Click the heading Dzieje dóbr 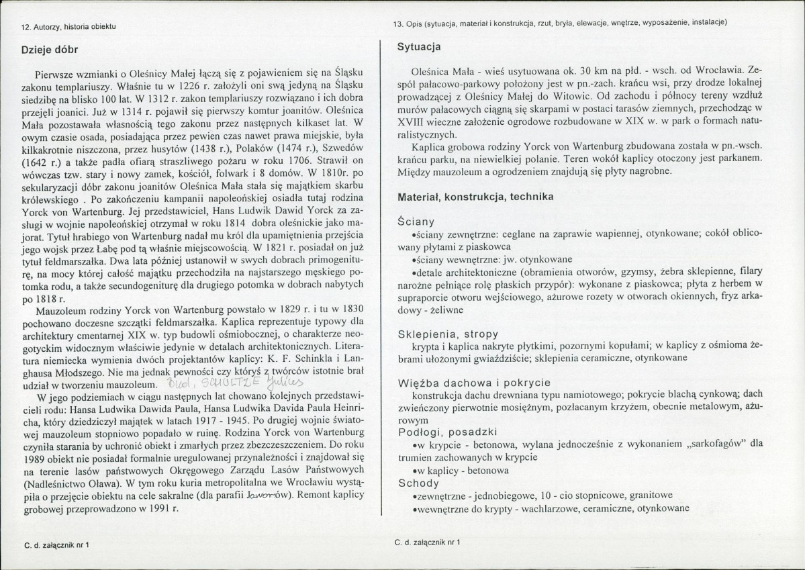coord(50,49)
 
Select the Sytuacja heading coord(420,48)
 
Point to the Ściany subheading coord(416,221)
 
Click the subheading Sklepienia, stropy coord(448,334)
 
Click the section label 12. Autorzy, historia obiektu coord(69,26)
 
